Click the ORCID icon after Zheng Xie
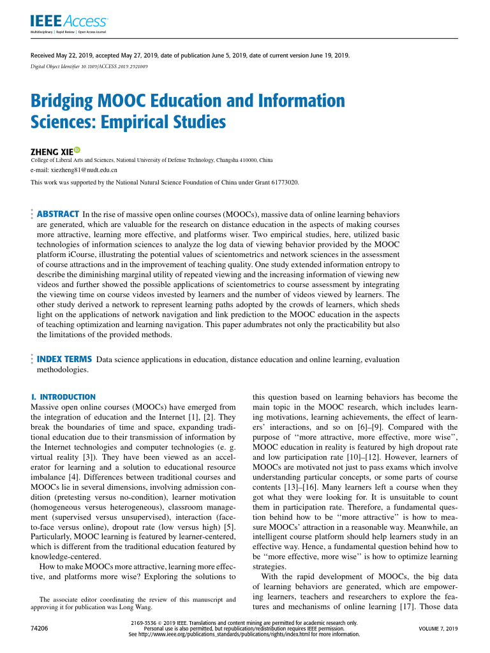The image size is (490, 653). pos(78,150)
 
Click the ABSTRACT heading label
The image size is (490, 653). pos(58,214)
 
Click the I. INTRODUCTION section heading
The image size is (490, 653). pos(63,397)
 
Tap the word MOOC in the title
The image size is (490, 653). pos(117,101)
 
